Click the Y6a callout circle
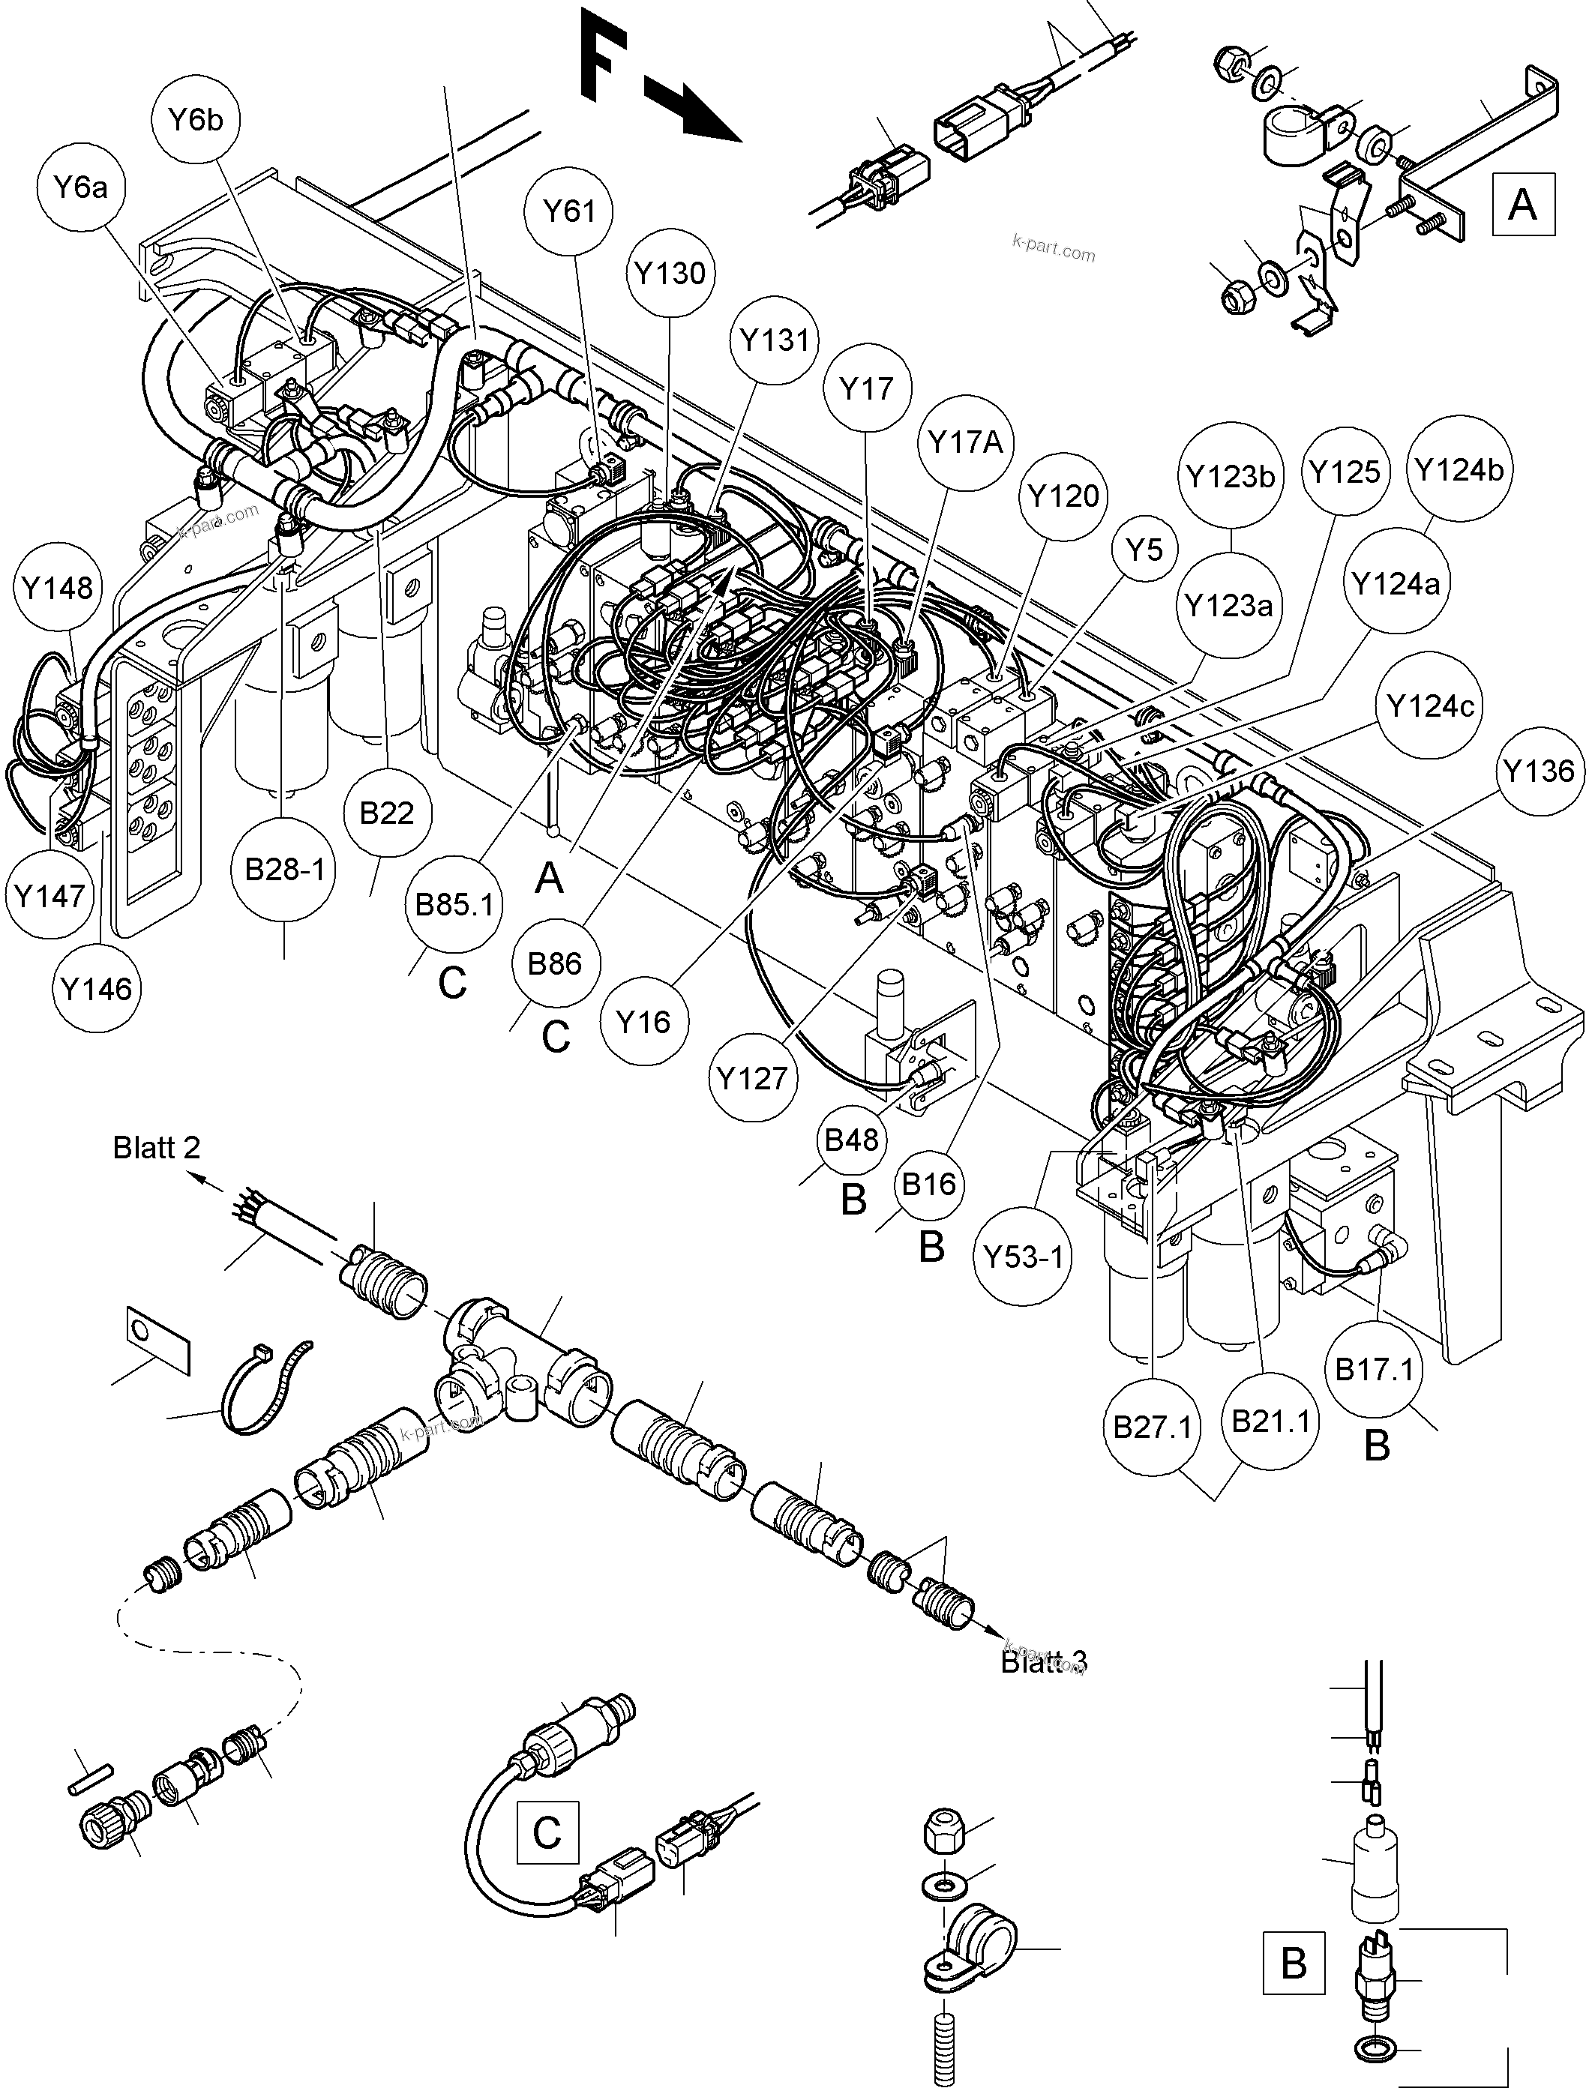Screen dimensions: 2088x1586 point(80,188)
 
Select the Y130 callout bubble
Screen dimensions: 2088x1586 point(670,274)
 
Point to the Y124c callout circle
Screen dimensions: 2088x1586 point(1430,706)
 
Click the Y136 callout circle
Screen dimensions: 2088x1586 point(1539,771)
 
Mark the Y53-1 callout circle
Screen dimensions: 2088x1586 point(1024,1257)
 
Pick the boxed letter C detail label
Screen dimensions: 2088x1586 point(547,1832)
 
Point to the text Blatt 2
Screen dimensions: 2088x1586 point(157,1148)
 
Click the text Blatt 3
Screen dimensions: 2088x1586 point(1043,1662)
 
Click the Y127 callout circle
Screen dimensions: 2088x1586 point(752,1077)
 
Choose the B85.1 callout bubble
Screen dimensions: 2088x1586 point(454,904)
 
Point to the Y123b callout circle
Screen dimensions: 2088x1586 point(1231,477)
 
